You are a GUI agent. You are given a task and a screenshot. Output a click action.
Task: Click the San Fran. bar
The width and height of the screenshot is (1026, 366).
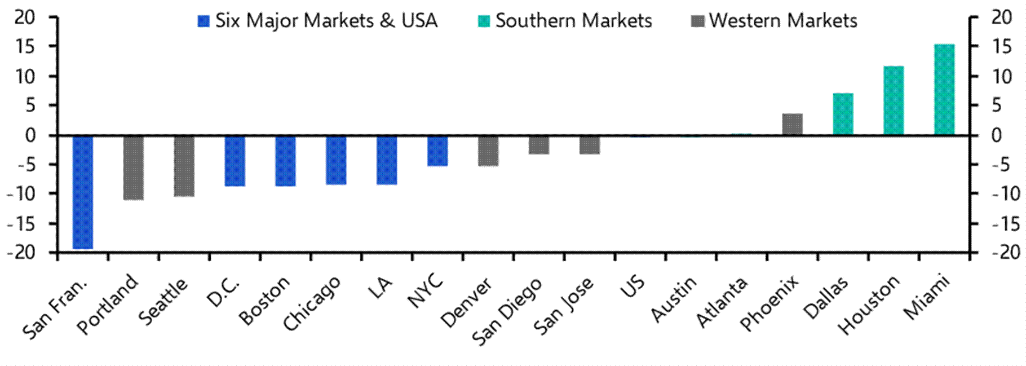click(x=83, y=192)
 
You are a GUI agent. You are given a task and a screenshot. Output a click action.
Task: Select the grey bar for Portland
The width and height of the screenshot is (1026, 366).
click(x=134, y=167)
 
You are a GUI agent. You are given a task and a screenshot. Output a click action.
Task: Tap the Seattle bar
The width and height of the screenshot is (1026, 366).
click(x=184, y=166)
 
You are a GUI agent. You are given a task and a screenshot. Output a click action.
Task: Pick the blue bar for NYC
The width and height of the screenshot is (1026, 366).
click(x=437, y=151)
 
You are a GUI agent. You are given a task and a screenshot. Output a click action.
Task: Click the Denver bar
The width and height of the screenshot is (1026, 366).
click(x=488, y=151)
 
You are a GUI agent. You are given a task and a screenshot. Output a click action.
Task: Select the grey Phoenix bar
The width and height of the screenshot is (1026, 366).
click(x=792, y=124)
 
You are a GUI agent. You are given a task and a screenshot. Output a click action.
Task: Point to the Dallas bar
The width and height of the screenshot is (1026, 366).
click(x=843, y=114)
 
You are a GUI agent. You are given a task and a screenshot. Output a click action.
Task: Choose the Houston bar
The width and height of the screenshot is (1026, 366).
click(x=894, y=100)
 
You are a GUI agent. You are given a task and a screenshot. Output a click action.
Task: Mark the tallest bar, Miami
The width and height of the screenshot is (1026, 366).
click(x=944, y=90)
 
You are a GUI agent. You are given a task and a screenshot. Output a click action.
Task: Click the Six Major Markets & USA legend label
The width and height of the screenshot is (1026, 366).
click(x=326, y=21)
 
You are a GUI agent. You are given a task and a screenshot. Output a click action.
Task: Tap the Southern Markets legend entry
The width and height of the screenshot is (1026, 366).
click(x=573, y=21)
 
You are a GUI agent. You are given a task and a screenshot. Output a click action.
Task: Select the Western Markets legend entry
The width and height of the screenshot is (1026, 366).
click(x=783, y=21)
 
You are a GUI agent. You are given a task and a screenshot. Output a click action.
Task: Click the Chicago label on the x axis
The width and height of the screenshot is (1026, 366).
click(x=312, y=303)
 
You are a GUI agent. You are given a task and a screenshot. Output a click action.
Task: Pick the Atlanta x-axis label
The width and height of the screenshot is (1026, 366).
click(x=722, y=302)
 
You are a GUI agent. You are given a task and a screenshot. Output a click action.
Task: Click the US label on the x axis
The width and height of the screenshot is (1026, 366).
click(x=633, y=287)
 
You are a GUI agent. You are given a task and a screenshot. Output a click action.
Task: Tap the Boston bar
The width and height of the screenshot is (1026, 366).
click(x=285, y=161)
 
